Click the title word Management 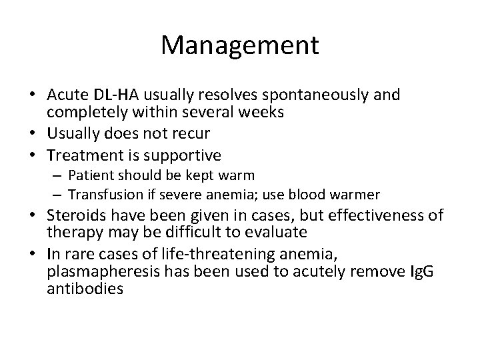pyautogui.click(x=240, y=45)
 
